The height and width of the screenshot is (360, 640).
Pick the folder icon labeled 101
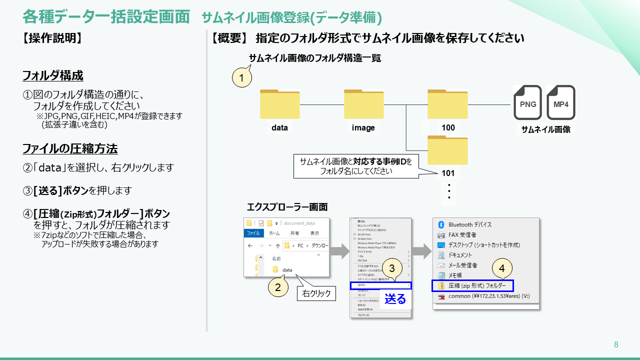coord(447,150)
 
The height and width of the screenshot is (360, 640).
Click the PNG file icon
coord(527,102)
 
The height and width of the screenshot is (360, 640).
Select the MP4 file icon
coord(560,102)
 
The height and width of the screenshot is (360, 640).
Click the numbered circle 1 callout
coord(241,78)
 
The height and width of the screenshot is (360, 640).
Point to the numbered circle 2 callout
coord(278,286)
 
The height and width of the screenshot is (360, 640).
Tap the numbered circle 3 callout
coord(392,267)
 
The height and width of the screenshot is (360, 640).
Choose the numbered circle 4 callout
coord(502,268)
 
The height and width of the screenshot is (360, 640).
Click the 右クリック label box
coord(317,293)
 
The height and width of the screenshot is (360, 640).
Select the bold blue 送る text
coord(395,299)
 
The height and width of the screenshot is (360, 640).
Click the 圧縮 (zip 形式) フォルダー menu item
coord(472,285)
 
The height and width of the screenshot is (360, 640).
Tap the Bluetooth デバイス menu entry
coord(469,224)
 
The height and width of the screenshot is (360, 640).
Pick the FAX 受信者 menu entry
coord(462,234)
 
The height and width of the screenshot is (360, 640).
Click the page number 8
coord(616,344)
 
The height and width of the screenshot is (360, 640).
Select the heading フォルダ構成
coord(53,76)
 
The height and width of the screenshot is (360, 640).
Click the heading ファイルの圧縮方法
coord(70,148)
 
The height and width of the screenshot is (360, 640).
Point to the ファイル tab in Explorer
coord(253,233)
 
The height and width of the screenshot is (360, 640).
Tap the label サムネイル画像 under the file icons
coord(545,129)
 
